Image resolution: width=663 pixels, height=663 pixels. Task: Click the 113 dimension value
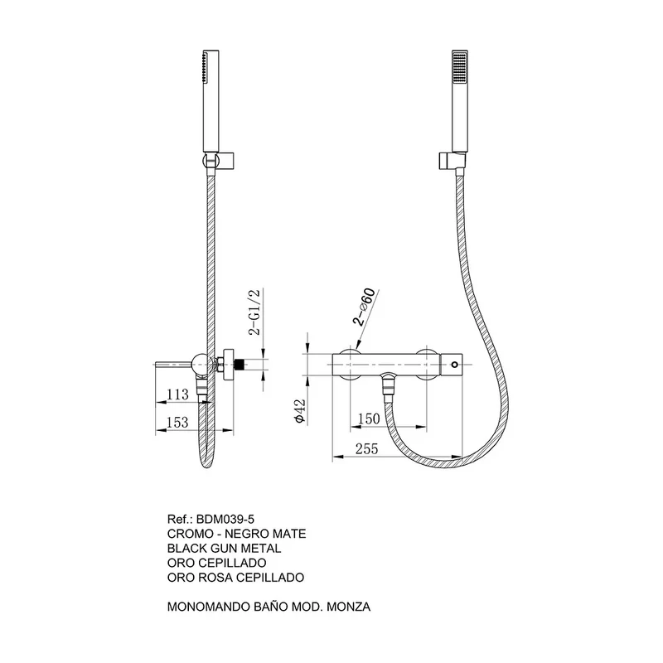pyautogui.click(x=177, y=394)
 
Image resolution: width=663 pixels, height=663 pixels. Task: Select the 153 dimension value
pyautogui.click(x=177, y=422)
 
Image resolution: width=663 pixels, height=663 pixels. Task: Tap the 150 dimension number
pyautogui.click(x=369, y=419)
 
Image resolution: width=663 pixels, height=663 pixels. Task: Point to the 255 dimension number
pyautogui.click(x=366, y=448)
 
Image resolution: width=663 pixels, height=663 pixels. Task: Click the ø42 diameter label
pyautogui.click(x=300, y=411)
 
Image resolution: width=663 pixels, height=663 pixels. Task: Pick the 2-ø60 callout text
pyautogui.click(x=364, y=307)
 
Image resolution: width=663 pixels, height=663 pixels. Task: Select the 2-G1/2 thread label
pyautogui.click(x=256, y=312)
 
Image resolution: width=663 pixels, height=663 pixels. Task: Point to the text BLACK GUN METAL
pyautogui.click(x=224, y=549)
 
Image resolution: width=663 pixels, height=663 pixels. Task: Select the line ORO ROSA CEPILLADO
pyautogui.click(x=235, y=578)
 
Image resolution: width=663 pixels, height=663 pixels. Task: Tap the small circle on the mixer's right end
pyautogui.click(x=454, y=365)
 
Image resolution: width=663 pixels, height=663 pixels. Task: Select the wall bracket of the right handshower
pyautogui.click(x=452, y=161)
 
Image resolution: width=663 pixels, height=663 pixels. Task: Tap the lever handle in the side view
pyautogui.click(x=173, y=364)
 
